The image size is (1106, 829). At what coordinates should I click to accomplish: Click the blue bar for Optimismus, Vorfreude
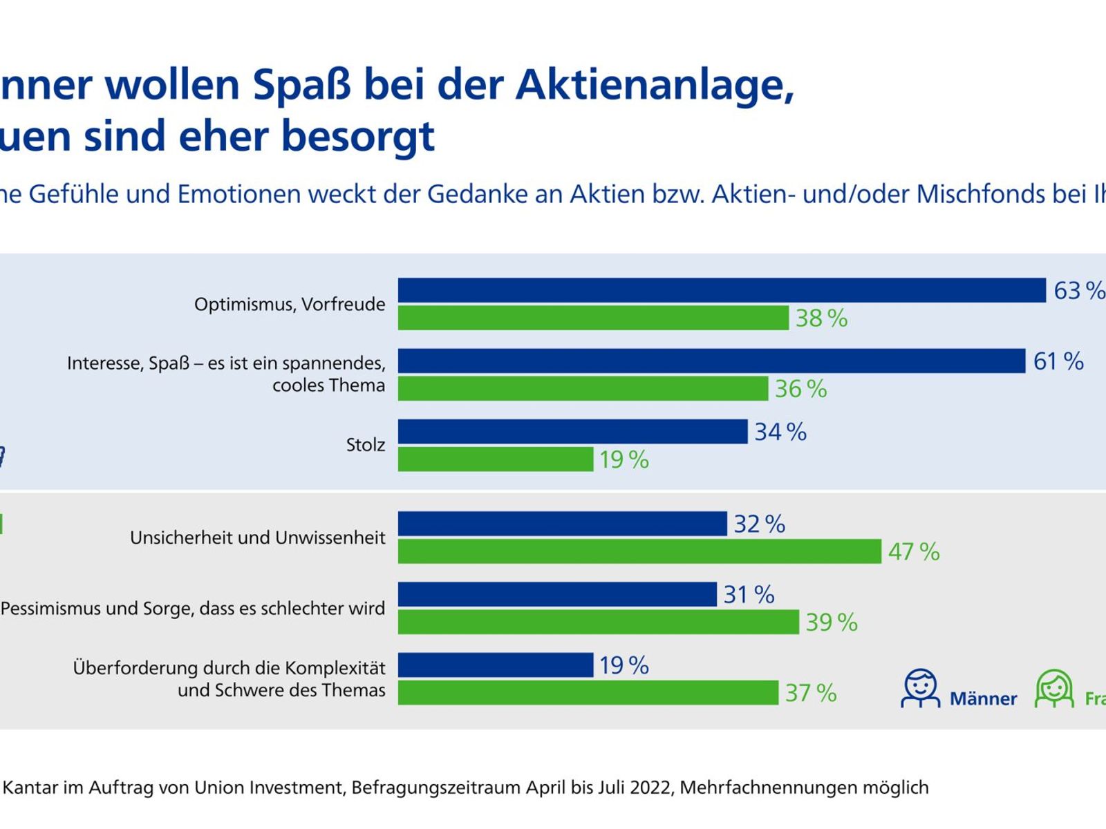click(x=722, y=290)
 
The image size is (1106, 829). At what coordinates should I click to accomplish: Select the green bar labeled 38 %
click(x=593, y=318)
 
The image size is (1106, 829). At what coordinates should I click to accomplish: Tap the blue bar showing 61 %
click(x=711, y=361)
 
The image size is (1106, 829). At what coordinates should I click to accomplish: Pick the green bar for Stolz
click(x=496, y=459)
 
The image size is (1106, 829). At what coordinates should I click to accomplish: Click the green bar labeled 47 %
click(x=639, y=551)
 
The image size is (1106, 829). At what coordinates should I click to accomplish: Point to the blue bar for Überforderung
click(x=496, y=665)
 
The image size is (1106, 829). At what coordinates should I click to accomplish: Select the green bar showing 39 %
click(x=599, y=622)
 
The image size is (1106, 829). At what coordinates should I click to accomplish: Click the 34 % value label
click(x=780, y=432)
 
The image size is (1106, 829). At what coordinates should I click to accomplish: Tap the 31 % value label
click(x=749, y=594)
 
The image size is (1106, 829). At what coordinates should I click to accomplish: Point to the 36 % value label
click(x=800, y=389)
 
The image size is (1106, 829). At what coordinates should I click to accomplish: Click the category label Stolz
click(x=365, y=445)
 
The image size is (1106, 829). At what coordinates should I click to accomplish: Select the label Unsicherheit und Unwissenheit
click(x=257, y=537)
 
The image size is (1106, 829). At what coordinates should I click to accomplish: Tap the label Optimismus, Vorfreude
click(x=290, y=304)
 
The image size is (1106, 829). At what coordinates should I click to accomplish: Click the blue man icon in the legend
click(x=920, y=688)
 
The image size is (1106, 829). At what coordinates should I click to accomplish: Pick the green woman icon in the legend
click(x=1053, y=688)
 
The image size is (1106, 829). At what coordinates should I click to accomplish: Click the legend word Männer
click(x=983, y=698)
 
